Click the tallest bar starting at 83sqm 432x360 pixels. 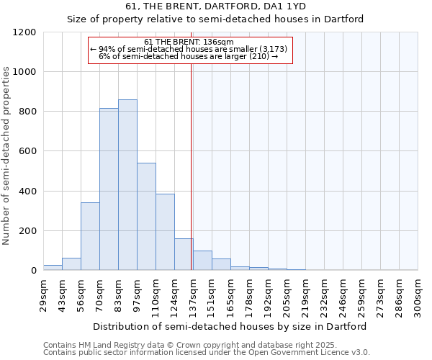[127, 185]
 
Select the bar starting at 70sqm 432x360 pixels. [109, 189]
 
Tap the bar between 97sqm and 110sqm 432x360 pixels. [146, 217]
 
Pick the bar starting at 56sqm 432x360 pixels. [90, 236]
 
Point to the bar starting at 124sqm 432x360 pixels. [184, 254]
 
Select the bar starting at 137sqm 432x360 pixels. [202, 261]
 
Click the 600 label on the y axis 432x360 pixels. [29, 152]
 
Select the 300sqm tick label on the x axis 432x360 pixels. [418, 295]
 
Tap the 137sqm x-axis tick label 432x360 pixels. [193, 295]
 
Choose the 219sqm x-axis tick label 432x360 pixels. [305, 295]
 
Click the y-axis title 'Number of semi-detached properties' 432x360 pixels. [6, 152]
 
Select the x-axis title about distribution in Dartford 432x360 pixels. [230, 326]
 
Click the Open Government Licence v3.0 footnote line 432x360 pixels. [207, 353]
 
